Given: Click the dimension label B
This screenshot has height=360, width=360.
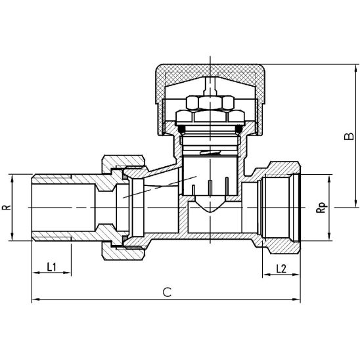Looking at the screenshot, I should (x=349, y=137).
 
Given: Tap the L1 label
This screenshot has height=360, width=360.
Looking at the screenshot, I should (x=53, y=267).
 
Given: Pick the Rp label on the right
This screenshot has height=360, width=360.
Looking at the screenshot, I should (x=321, y=208).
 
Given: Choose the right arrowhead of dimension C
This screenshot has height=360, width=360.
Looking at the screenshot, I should (x=300, y=301).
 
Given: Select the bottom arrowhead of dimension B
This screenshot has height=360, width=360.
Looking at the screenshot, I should (x=341, y=204).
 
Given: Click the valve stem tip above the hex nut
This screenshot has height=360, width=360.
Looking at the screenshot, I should (x=208, y=85).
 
